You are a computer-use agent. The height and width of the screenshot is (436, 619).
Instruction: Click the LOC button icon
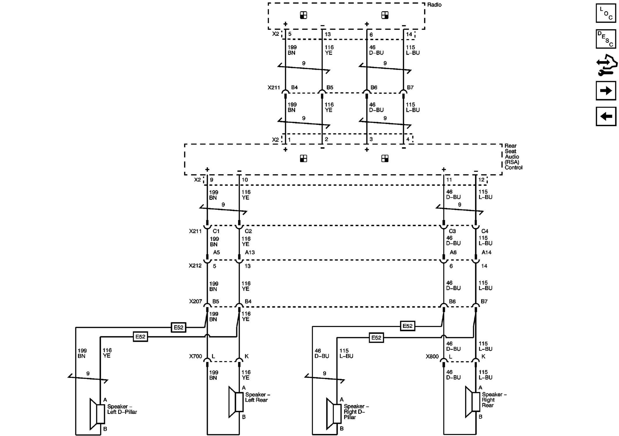click(606, 13)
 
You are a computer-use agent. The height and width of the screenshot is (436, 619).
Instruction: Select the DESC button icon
click(606, 39)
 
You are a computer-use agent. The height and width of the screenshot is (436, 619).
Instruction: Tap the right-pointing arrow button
click(606, 91)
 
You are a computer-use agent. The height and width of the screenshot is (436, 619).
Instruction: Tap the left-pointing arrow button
click(606, 117)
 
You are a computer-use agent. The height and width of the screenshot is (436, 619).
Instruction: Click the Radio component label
click(434, 5)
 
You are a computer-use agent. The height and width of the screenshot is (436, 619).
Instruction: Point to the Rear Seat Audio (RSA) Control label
click(513, 157)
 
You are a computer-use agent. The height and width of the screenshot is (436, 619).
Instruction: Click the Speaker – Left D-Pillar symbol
click(97, 414)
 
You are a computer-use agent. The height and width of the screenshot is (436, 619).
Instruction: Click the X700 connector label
click(195, 356)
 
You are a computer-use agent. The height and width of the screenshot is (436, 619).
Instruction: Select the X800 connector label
click(432, 356)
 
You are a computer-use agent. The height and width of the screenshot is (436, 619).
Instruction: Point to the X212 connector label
click(195, 266)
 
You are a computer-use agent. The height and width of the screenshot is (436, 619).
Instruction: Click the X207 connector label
click(195, 301)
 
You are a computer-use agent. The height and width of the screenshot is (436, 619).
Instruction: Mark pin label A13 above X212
click(250, 252)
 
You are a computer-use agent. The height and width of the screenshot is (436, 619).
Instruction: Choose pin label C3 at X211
click(452, 231)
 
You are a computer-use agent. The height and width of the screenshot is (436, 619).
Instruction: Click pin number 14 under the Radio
click(409, 34)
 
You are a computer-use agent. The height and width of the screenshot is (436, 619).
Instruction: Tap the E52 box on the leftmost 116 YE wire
click(140, 337)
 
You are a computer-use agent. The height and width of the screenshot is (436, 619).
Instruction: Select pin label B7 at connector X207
click(484, 301)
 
